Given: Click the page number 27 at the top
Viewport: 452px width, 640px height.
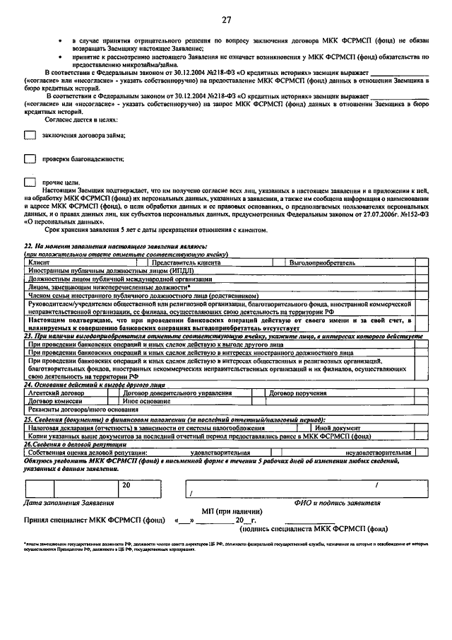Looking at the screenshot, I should click(226, 20).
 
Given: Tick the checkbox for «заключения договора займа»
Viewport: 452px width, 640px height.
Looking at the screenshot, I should click(30, 135).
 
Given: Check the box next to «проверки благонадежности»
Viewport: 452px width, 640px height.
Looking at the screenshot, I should click(30, 159).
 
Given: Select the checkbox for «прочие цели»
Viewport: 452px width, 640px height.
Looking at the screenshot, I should click(30, 182).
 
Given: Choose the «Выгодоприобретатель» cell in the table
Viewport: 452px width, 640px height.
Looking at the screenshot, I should click(321, 262).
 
